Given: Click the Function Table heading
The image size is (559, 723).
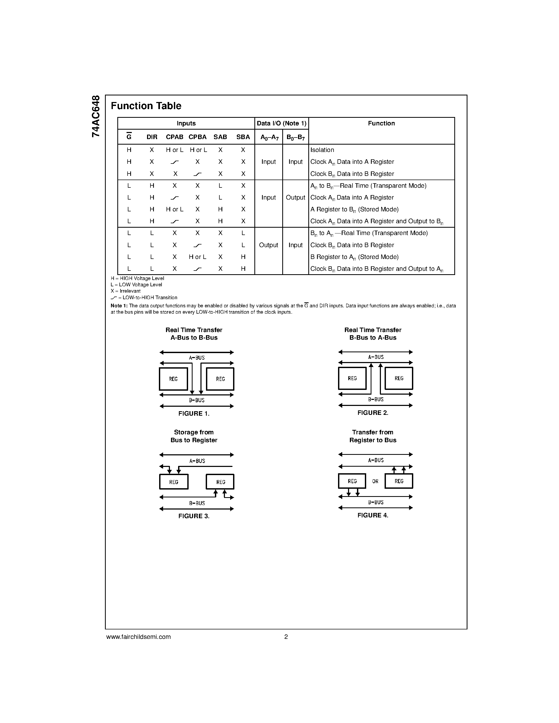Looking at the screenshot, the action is click(146, 106).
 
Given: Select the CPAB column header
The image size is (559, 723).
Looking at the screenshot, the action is click(174, 137).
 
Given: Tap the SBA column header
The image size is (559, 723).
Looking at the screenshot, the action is click(243, 137).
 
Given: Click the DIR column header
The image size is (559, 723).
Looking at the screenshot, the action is click(152, 137).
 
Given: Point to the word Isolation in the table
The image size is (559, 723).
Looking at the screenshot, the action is click(322, 150).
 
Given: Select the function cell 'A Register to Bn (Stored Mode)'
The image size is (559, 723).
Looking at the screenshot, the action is click(354, 210).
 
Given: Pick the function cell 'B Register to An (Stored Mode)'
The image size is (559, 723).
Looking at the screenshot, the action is click(354, 257).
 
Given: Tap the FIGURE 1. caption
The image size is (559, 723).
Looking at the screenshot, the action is click(194, 414).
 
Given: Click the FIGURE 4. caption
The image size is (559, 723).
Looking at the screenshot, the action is click(372, 515).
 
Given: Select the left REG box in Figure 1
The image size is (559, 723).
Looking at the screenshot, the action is click(173, 379).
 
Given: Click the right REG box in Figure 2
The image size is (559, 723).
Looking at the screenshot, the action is click(399, 378).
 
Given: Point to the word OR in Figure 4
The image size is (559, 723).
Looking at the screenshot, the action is click(375, 481).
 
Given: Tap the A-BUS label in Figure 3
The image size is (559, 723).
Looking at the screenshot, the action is click(197, 461).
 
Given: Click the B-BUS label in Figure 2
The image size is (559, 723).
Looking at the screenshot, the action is click(376, 400).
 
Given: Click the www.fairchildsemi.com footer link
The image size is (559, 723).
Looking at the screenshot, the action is click(138, 637).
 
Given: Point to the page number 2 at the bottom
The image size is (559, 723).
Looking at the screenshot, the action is click(286, 637).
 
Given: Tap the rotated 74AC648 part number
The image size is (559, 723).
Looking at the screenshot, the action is click(95, 116).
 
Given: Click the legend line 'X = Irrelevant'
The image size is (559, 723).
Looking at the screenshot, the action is click(125, 291).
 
